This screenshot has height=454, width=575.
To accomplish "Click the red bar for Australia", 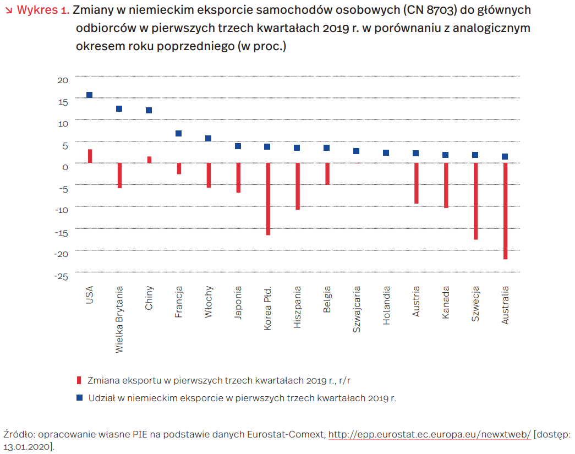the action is pos(505,211).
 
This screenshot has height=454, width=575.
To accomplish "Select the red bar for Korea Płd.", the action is pos(268,199).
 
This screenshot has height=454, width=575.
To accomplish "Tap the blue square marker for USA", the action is pos(89,95).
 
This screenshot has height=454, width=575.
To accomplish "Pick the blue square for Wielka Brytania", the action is pos(119,108).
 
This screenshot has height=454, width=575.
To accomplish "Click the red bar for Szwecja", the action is pos(475,201).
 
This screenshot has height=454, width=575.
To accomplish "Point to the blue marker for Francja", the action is pos(179,134).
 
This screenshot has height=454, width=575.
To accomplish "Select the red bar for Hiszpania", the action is pos(298,187).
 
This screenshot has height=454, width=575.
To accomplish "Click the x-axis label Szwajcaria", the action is pos(357,309).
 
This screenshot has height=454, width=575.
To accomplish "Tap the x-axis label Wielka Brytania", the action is pos(119,319).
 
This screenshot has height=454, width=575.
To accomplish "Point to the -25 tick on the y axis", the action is pos(61,276).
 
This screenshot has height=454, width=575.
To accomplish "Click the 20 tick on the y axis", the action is pos(63,80).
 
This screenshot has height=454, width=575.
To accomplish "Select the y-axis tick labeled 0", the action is pos(65,167).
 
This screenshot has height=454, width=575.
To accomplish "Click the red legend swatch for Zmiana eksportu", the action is pos(79,380).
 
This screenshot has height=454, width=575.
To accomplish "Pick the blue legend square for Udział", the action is pos(79,397).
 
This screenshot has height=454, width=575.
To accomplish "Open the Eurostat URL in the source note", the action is pos(429,435).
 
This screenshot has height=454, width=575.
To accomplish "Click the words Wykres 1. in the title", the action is pos(43,10).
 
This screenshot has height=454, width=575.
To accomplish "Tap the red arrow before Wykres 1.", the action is pos(9,10).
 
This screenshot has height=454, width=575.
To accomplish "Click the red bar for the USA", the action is pos(90,156).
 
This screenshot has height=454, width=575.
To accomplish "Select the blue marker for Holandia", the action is pos(386,152).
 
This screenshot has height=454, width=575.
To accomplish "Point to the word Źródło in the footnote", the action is pos(19,435).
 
